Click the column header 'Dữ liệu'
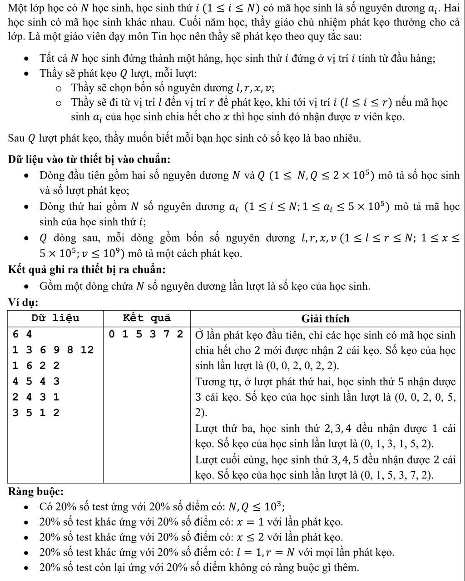coord(55,318)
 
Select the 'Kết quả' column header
coord(146,318)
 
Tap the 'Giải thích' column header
coord(325,319)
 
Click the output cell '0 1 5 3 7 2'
coord(146,335)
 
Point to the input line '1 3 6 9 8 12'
coord(53,350)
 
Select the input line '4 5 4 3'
coord(36,381)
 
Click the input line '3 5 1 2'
coord(36,412)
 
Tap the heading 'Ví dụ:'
coord(23,302)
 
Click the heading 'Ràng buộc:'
coord(35,492)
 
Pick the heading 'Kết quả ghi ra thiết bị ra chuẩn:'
coord(87,269)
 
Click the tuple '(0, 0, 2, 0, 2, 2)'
coord(302,366)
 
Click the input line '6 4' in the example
coord(23,335)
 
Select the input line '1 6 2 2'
coord(36,366)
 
